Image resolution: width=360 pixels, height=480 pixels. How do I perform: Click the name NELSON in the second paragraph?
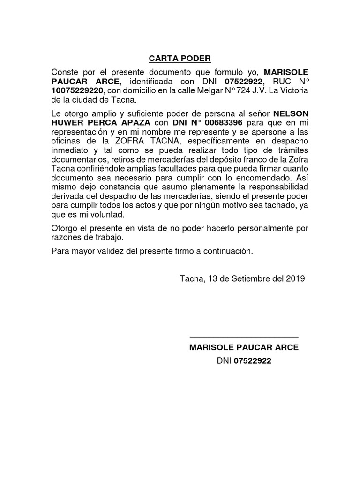pos(291,114)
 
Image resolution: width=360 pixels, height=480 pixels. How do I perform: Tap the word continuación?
pos(228,251)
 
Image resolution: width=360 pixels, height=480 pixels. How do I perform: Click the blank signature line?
pos(244,337)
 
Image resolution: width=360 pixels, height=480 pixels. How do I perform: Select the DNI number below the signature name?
pos(253,361)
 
